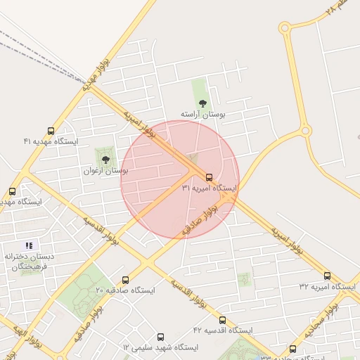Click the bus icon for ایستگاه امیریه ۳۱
point(209,176)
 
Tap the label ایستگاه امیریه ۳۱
point(210,188)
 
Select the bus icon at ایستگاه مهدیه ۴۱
point(50,131)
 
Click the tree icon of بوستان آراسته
point(203,103)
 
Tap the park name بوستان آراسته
point(202,114)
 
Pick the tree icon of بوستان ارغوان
point(105,160)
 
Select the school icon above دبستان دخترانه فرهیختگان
point(29,245)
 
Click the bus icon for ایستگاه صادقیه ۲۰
point(125,280)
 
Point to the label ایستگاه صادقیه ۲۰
point(125,290)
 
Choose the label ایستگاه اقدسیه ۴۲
point(223,330)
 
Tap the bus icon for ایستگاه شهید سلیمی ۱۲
point(160,337)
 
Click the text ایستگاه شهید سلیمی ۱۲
point(160,348)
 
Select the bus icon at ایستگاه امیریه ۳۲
point(327,276)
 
